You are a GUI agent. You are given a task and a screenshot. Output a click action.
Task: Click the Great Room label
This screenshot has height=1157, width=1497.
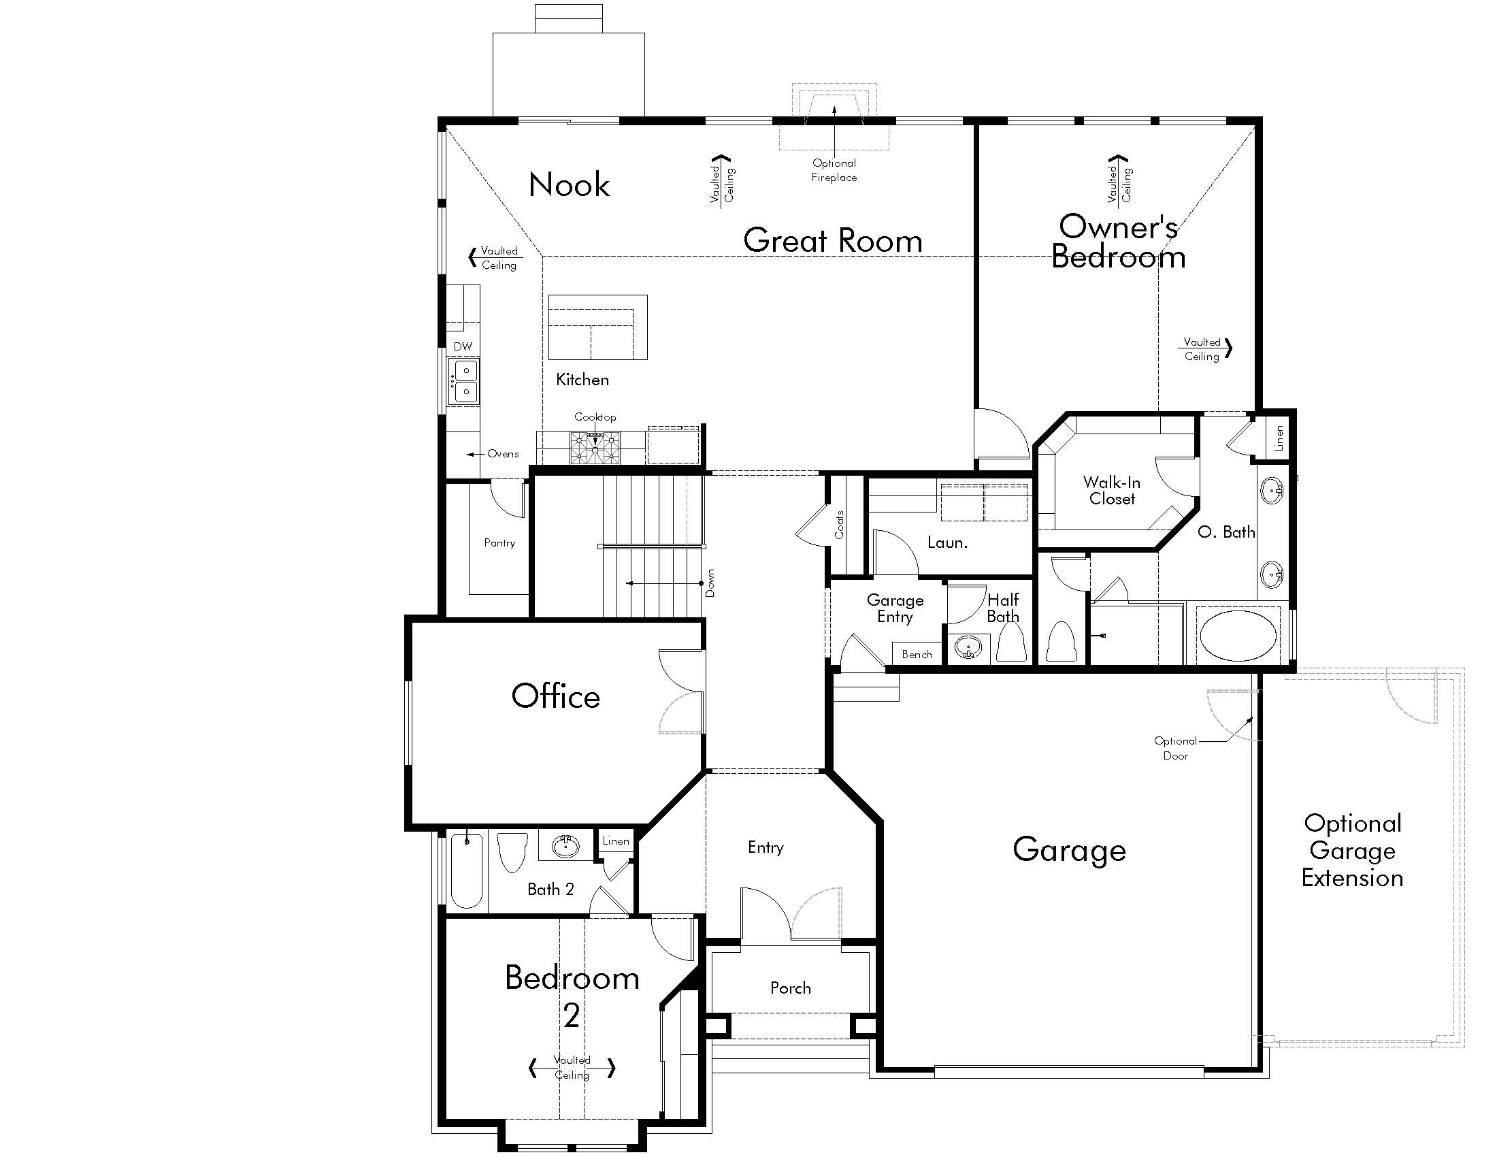pyautogui.click(x=832, y=240)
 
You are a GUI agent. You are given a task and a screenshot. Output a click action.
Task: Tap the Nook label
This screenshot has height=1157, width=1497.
pyautogui.click(x=569, y=184)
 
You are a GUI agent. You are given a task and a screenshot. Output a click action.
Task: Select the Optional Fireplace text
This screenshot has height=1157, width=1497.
pyautogui.click(x=834, y=170)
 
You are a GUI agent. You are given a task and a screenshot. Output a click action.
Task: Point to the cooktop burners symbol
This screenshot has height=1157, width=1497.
pyautogui.click(x=595, y=449)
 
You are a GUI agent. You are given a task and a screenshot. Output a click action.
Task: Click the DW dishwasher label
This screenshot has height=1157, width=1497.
pyautogui.click(x=463, y=346)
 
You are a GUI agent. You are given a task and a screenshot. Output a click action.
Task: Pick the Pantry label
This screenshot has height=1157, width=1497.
pyautogui.click(x=499, y=543)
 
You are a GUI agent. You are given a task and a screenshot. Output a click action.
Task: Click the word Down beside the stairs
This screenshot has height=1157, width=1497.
pyautogui.click(x=710, y=583)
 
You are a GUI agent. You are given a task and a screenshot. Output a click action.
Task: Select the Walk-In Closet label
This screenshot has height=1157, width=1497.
pyautogui.click(x=1112, y=490)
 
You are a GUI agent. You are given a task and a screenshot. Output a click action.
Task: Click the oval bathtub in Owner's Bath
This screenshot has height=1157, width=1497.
pyautogui.click(x=1238, y=636)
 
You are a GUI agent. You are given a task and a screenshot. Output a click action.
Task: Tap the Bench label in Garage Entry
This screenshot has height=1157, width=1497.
pyautogui.click(x=917, y=655)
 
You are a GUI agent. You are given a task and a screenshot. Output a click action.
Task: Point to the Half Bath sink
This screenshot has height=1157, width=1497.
pyautogui.click(x=968, y=648)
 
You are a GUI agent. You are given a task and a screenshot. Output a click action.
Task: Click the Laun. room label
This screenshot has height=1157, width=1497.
pyautogui.click(x=947, y=543)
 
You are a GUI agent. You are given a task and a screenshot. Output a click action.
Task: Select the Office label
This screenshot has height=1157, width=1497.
pyautogui.click(x=555, y=696)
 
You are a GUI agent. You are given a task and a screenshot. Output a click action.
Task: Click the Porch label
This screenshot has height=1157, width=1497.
pyautogui.click(x=790, y=988)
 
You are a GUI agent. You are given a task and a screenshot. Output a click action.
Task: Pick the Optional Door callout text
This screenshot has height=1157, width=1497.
pyautogui.click(x=1176, y=748)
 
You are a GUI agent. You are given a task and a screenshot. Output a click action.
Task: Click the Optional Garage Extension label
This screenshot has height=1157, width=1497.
pyautogui.click(x=1352, y=850)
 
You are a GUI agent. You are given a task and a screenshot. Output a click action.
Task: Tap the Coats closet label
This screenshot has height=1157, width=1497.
pyautogui.click(x=839, y=525)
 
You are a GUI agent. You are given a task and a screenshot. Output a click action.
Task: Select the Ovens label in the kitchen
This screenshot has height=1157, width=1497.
pyautogui.click(x=503, y=454)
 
